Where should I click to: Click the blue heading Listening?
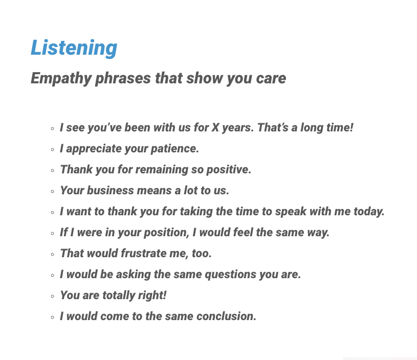tap(74, 48)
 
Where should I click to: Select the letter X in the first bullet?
tap(215, 127)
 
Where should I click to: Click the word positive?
tap(229, 169)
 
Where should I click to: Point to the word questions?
tap(231, 275)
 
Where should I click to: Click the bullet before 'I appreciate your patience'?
tap(52, 149)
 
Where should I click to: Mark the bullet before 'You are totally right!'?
tap(52, 296)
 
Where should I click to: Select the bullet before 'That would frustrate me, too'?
tap(52, 254)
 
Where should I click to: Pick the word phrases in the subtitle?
tap(123, 78)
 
